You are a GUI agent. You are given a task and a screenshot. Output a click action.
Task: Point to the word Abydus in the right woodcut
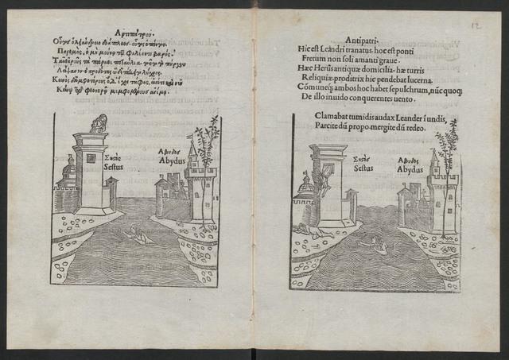(x=410, y=167)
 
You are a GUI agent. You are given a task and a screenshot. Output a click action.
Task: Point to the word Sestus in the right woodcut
(x=363, y=168)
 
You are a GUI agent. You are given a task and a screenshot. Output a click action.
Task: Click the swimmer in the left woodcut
(x=143, y=236)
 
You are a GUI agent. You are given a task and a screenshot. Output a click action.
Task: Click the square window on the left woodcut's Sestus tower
(x=91, y=157)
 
